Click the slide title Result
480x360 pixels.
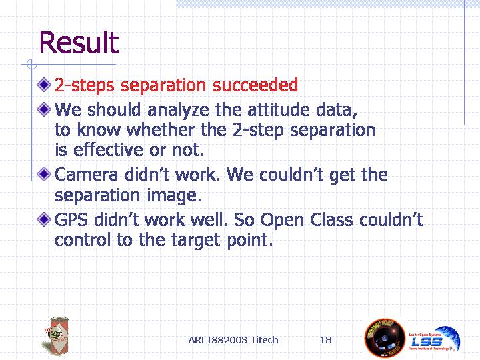(x=79, y=42)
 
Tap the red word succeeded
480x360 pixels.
(x=255, y=85)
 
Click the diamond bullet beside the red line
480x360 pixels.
(x=44, y=85)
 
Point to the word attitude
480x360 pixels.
(x=279, y=109)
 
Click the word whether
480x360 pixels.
(x=161, y=129)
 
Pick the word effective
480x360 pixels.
(x=108, y=149)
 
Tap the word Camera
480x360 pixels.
(x=86, y=175)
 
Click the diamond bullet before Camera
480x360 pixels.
(x=44, y=174)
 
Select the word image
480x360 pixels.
(x=174, y=196)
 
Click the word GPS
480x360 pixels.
(x=71, y=219)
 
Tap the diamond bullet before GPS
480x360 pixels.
(x=44, y=219)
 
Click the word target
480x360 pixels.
(x=195, y=240)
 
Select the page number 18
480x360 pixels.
(x=326, y=340)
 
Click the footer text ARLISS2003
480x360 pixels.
(x=217, y=340)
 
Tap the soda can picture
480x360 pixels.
(x=57, y=336)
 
